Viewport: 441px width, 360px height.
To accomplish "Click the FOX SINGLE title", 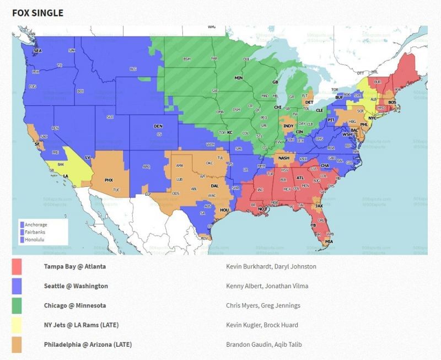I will [37, 13].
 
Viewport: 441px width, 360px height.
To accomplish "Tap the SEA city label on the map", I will [37, 51].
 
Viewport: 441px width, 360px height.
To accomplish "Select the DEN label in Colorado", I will [158, 126].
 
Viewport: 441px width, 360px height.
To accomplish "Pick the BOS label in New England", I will [392, 103].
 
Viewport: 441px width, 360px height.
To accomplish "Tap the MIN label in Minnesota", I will [239, 78].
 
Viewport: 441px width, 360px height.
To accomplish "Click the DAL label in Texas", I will [214, 186].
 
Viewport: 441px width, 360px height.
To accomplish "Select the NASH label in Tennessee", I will [284, 158].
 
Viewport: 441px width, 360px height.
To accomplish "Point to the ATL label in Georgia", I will [300, 178].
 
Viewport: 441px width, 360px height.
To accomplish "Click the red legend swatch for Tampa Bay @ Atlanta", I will [17, 266].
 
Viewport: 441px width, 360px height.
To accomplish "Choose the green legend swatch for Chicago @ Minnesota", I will [17, 305].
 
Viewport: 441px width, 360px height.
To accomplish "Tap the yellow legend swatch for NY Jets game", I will [17, 325].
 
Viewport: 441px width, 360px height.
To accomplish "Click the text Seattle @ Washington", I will [76, 286].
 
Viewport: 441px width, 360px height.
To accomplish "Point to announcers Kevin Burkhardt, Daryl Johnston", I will [271, 266].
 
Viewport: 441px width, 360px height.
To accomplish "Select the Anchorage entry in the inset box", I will [36, 225].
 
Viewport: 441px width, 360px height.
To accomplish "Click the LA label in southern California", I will [66, 176].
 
